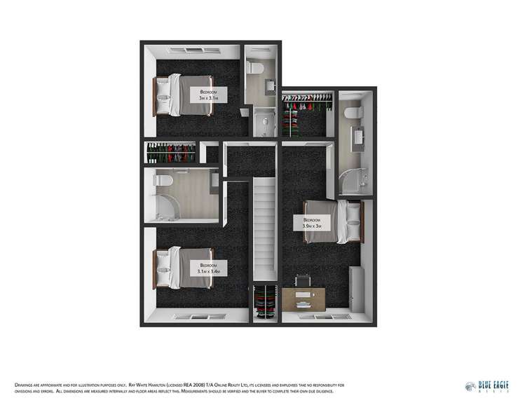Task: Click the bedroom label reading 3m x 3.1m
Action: point(208,96)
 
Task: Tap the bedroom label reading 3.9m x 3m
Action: point(312,223)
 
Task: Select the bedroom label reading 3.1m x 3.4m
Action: point(210,268)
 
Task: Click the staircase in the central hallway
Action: point(264,228)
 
